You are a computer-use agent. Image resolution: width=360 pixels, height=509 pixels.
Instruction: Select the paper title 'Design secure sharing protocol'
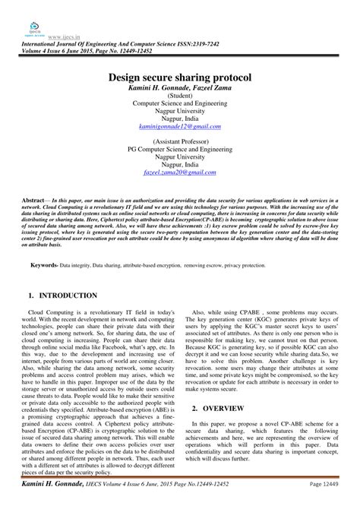click(x=179, y=77)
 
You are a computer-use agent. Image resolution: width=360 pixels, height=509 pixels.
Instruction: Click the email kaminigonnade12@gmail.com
click(x=179, y=126)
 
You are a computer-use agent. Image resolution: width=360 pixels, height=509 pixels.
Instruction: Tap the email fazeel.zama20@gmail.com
click(x=179, y=173)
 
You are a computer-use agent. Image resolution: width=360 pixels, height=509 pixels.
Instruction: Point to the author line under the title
click(x=179, y=89)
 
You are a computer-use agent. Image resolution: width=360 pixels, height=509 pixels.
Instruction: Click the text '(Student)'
click(x=179, y=96)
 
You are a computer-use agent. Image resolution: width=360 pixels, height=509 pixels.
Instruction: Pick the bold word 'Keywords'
click(x=46, y=265)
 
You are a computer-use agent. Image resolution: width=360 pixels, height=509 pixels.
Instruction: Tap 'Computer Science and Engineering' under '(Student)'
click(x=179, y=104)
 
